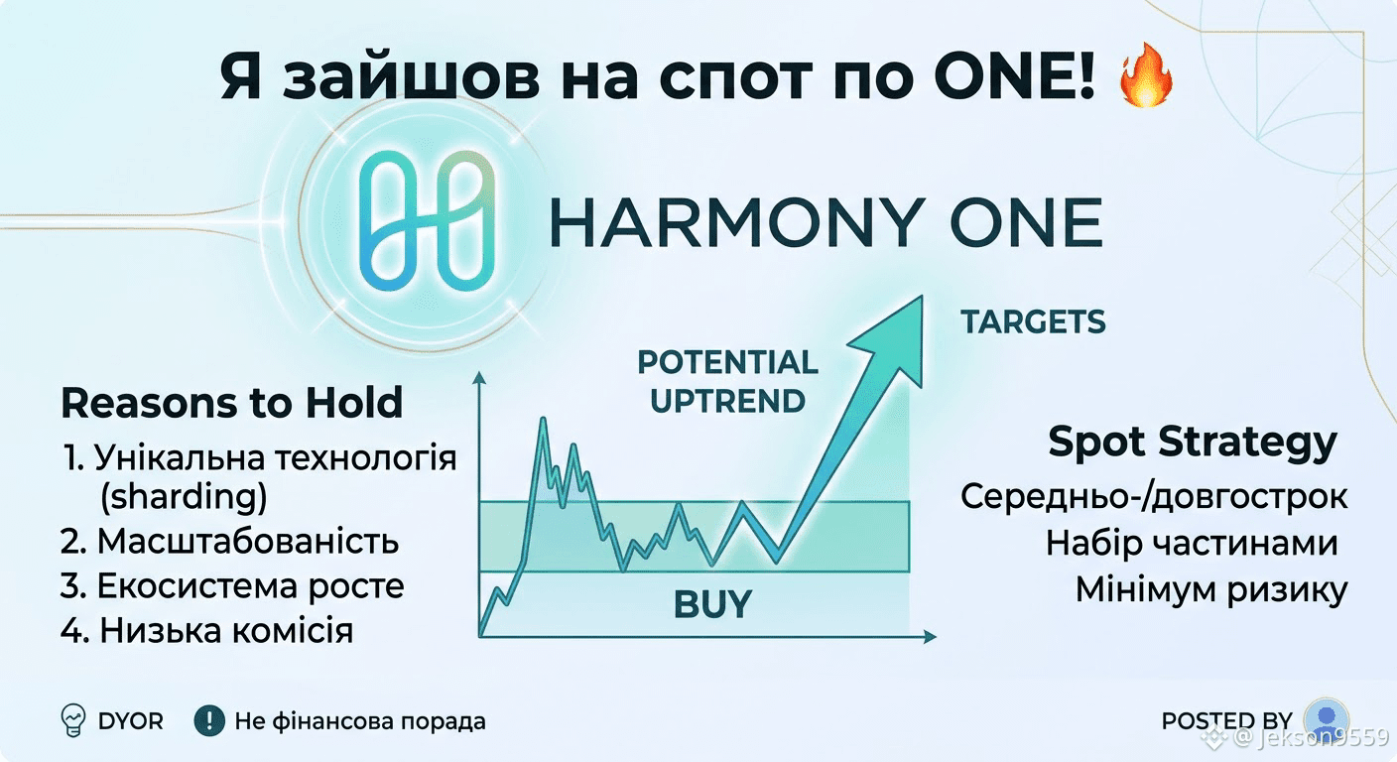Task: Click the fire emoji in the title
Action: click(1146, 75)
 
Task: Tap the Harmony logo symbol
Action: click(428, 220)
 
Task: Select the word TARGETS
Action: click(1033, 321)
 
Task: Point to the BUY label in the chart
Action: click(712, 604)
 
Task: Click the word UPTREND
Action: click(727, 401)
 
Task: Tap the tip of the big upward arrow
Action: click(922, 297)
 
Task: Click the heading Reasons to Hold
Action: click(231, 403)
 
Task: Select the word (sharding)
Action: click(184, 497)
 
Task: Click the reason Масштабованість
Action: click(229, 542)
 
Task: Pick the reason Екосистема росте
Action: click(232, 586)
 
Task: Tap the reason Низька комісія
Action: click(207, 630)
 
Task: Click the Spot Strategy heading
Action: click(1193, 443)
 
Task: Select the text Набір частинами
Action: click(1192, 543)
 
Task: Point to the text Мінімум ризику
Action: click(1211, 589)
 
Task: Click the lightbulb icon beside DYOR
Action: click(73, 721)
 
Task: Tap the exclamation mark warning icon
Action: click(209, 721)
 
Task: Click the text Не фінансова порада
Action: click(360, 721)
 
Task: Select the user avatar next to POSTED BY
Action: click(1327, 718)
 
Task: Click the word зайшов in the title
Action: click(411, 78)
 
